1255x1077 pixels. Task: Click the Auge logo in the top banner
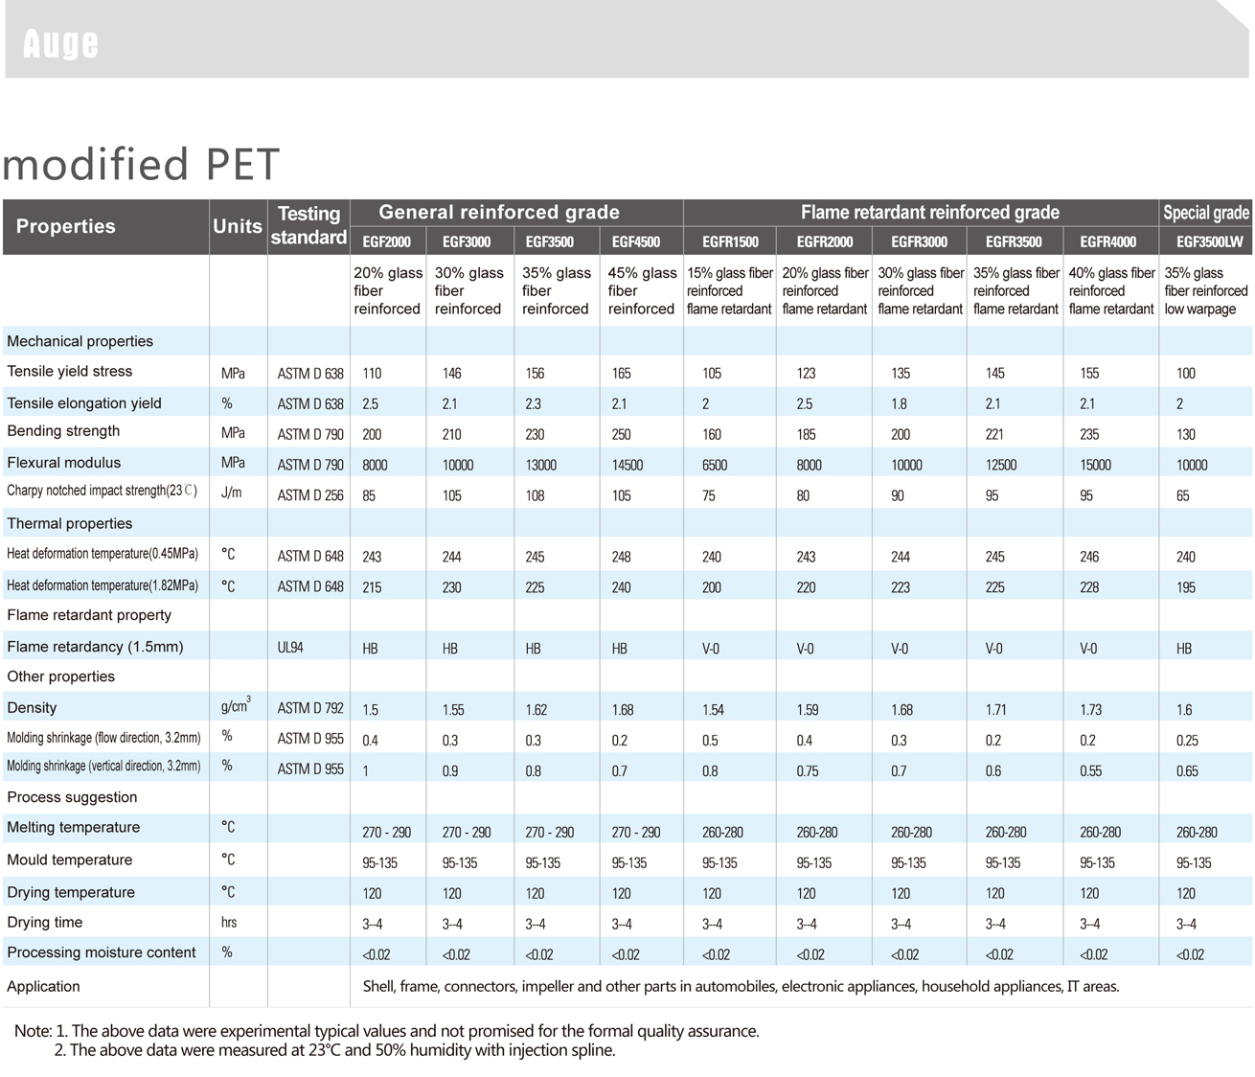pyautogui.click(x=60, y=43)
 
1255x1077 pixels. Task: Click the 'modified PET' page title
pyautogui.click(x=141, y=165)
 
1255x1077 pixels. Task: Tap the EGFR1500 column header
pyautogui.click(x=730, y=241)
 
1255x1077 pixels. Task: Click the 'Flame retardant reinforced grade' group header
pyautogui.click(x=929, y=213)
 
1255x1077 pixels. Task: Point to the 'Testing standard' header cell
pyautogui.click(x=308, y=226)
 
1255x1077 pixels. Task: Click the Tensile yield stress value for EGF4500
pyautogui.click(x=622, y=373)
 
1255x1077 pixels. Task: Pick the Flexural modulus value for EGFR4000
pyautogui.click(x=1095, y=465)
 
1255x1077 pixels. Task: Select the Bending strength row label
pyautogui.click(x=63, y=431)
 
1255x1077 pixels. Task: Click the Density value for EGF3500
pyautogui.click(x=536, y=710)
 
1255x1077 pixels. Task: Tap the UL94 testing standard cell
pyautogui.click(x=290, y=648)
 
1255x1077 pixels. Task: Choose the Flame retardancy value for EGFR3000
pyautogui.click(x=899, y=649)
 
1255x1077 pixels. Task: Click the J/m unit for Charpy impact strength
pyautogui.click(x=232, y=494)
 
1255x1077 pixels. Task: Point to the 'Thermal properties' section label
pyautogui.click(x=69, y=523)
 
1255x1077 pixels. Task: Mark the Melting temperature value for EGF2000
pyautogui.click(x=387, y=833)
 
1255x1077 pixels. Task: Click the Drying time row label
pyautogui.click(x=45, y=923)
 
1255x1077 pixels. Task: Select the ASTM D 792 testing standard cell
pyautogui.click(x=310, y=709)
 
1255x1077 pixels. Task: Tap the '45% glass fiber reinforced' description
pyautogui.click(x=641, y=291)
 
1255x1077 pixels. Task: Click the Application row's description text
pyautogui.click(x=741, y=986)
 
